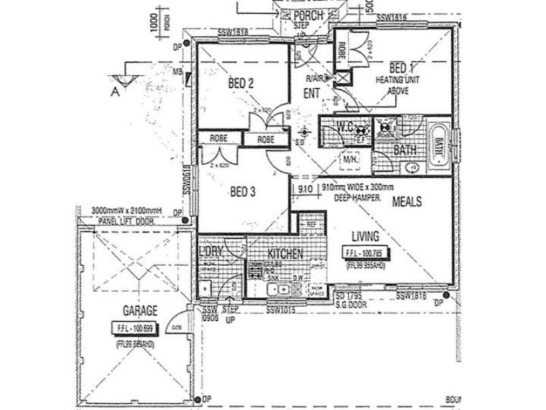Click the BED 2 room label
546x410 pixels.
[x=241, y=83]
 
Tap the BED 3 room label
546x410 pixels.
[x=242, y=192]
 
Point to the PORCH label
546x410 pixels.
[x=308, y=16]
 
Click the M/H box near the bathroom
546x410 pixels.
[x=351, y=160]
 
